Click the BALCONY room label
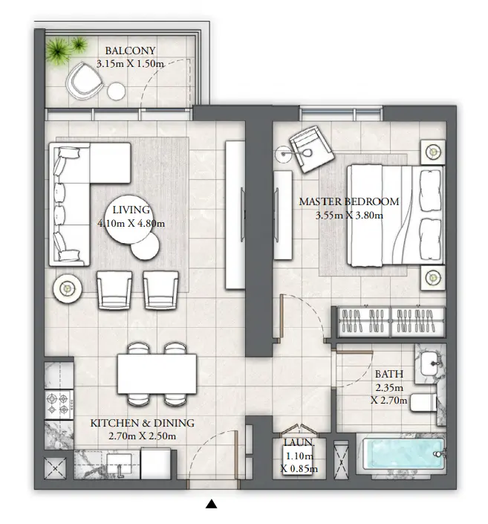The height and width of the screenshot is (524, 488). pyautogui.click(x=130, y=51)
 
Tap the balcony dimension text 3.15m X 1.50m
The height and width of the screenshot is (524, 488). pyautogui.click(x=130, y=65)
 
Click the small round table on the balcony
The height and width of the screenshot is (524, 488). pyautogui.click(x=117, y=91)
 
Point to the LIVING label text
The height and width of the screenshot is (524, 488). pyautogui.click(x=130, y=210)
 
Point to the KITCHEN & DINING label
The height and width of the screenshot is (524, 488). pyautogui.click(x=142, y=423)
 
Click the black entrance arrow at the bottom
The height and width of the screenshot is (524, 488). pyautogui.click(x=212, y=505)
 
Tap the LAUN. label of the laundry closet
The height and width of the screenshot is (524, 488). pyautogui.click(x=299, y=443)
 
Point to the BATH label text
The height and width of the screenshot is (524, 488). pyautogui.click(x=388, y=374)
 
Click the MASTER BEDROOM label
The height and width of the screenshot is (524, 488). pyautogui.click(x=348, y=201)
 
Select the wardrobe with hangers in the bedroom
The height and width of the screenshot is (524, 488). pyautogui.click(x=391, y=323)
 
